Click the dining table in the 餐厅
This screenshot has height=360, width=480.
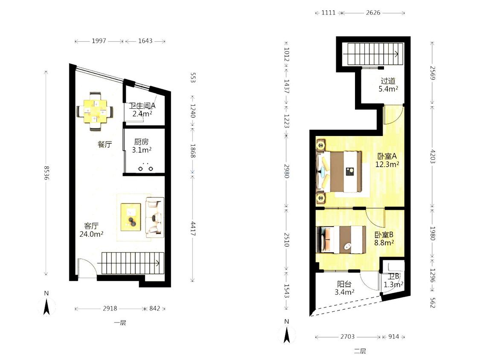point(95,111)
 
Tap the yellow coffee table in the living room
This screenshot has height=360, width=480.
point(131,217)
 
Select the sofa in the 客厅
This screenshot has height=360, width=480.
point(154,218)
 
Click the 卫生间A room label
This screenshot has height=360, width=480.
point(142,106)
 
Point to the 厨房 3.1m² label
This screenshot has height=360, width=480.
point(142,146)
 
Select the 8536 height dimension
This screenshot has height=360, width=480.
point(46,173)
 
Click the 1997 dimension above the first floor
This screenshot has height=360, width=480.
point(99,41)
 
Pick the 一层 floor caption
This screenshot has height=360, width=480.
point(120,322)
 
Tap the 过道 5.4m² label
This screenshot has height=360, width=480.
point(388,85)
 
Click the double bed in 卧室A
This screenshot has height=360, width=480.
point(339,171)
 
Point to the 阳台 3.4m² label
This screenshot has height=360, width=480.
point(344,288)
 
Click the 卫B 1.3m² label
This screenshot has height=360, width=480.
point(393,280)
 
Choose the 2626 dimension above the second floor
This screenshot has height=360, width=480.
point(373,12)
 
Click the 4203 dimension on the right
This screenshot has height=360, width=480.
point(433,157)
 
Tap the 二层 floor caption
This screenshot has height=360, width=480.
point(360,351)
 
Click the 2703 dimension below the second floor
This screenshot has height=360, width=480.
point(347,337)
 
